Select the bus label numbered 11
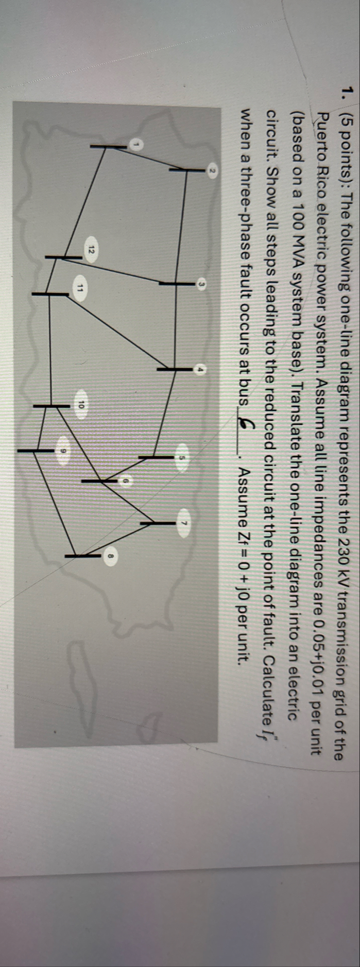tap(80, 288)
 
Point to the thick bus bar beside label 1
tap(108, 147)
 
